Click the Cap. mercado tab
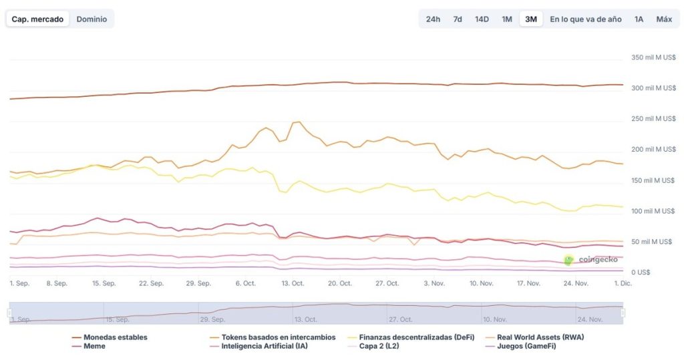(x=37, y=19)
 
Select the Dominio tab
(x=92, y=19)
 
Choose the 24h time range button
(x=433, y=19)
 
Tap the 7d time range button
(x=458, y=19)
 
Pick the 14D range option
(x=482, y=19)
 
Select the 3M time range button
(x=531, y=19)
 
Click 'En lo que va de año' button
(x=585, y=19)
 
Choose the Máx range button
(x=663, y=19)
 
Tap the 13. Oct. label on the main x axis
(x=293, y=283)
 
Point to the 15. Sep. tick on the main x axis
(x=104, y=283)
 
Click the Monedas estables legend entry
(x=110, y=337)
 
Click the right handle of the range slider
(x=623, y=313)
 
